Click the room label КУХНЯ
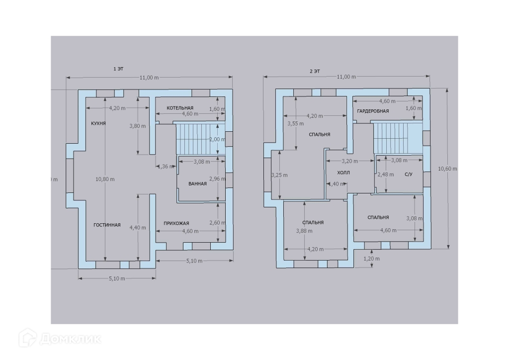pyautogui.click(x=98, y=123)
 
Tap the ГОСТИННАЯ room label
pyautogui.click(x=107, y=225)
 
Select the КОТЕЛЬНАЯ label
pyautogui.click(x=180, y=108)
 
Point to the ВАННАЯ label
pyautogui.click(x=197, y=184)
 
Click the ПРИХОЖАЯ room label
pyautogui.click(x=176, y=223)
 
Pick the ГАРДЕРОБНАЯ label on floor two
pyautogui.click(x=373, y=111)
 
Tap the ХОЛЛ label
pyautogui.click(x=343, y=173)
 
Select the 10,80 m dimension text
pyautogui.click(x=105, y=179)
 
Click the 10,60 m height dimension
pyautogui.click(x=447, y=169)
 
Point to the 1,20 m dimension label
pyautogui.click(x=372, y=259)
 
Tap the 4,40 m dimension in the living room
pyautogui.click(x=138, y=228)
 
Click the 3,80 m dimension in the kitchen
pyautogui.click(x=138, y=126)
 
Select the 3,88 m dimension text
pyautogui.click(x=301, y=231)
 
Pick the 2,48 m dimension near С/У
pyautogui.click(x=383, y=175)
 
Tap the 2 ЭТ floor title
pyautogui.click(x=314, y=71)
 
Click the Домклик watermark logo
pyautogui.click(x=60, y=339)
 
